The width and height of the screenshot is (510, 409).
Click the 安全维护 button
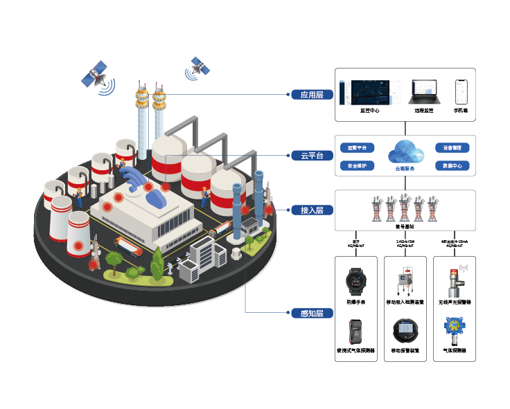tap(358, 166)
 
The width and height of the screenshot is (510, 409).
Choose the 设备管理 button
tap(452, 148)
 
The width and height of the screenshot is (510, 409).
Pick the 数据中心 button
tap(452, 166)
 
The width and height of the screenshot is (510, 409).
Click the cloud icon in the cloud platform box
tap(405, 152)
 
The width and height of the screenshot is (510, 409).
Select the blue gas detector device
tap(453, 329)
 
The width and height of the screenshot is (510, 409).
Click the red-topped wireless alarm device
tap(454, 280)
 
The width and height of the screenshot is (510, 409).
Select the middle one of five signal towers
tap(405, 206)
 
